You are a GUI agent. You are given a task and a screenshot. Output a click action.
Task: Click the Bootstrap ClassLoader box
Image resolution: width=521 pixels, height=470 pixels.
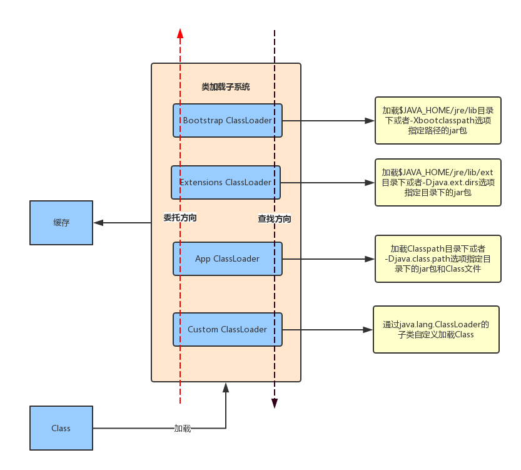click(x=228, y=120)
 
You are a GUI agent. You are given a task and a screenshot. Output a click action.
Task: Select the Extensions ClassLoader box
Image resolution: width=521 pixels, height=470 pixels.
click(x=225, y=182)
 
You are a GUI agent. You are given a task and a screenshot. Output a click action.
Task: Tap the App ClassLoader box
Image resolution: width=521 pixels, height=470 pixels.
click(x=228, y=258)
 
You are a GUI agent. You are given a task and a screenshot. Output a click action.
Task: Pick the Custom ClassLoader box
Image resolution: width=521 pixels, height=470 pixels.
click(x=228, y=329)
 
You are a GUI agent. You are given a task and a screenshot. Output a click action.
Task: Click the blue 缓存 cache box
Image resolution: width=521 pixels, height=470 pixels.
click(x=61, y=222)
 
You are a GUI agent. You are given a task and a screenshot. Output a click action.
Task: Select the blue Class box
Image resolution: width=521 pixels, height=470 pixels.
click(x=61, y=428)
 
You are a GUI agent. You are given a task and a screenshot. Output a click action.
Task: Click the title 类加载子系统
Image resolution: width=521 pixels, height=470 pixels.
click(x=226, y=87)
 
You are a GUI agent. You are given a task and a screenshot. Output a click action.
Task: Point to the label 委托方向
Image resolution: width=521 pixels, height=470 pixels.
click(x=180, y=218)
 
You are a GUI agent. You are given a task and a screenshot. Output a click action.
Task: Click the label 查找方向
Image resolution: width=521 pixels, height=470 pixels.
click(x=275, y=219)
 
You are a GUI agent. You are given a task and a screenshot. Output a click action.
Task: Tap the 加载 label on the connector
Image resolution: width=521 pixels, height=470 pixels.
click(x=182, y=429)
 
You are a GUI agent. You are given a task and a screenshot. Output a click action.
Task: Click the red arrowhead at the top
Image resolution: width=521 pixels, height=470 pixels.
click(x=180, y=33)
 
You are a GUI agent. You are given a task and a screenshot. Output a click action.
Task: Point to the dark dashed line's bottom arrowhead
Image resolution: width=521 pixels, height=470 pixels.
click(x=274, y=403)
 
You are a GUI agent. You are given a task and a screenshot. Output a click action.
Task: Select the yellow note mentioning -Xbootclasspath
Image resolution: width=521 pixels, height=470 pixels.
click(x=437, y=121)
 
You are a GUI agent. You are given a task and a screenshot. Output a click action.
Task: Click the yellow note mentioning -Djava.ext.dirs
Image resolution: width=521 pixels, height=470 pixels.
click(x=437, y=182)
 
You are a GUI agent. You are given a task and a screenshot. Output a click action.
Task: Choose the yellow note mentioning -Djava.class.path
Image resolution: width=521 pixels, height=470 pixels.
click(x=437, y=258)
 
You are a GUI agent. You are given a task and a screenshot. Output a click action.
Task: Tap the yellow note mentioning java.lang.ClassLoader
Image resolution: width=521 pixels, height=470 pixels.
click(x=436, y=329)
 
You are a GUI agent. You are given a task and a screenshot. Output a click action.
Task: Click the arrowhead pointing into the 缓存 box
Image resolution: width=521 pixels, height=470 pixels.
click(x=98, y=222)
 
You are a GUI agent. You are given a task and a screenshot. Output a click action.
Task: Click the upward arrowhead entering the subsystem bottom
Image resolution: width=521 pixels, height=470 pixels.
click(x=226, y=388)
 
